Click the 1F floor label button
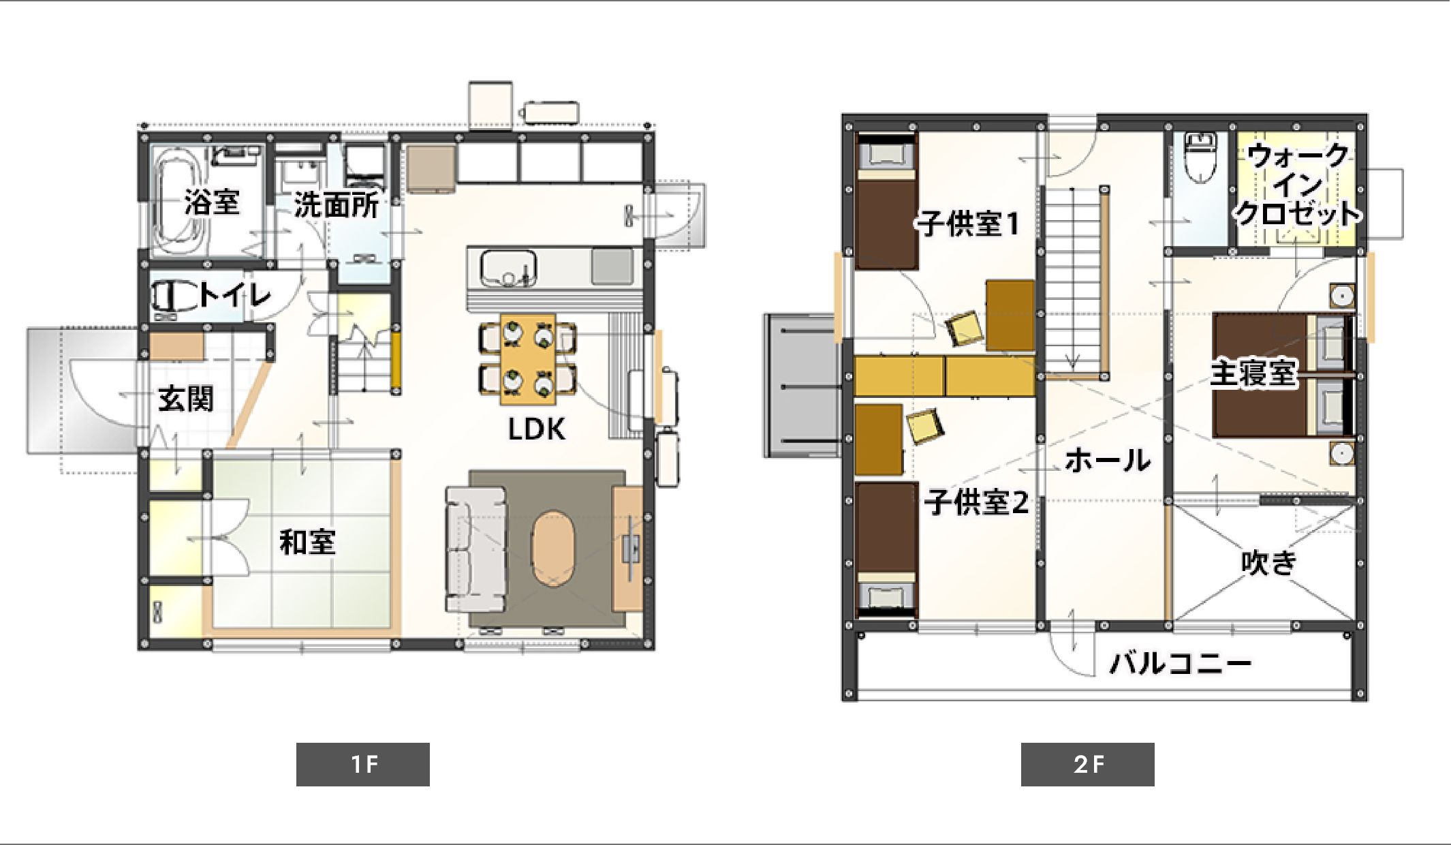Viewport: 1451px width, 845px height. (x=363, y=764)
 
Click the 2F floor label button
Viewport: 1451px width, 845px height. (x=1087, y=764)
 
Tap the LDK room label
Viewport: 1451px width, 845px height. (x=537, y=429)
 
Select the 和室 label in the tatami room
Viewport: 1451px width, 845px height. (x=308, y=542)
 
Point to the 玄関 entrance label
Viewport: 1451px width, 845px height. (x=186, y=399)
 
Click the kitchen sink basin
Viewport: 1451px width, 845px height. (x=508, y=268)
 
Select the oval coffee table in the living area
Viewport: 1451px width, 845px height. (x=554, y=549)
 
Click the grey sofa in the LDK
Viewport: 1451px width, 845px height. (x=476, y=549)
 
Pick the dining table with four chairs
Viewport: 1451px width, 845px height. (x=528, y=359)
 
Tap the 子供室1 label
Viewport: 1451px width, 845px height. (x=968, y=224)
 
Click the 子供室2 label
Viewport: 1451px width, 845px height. (x=976, y=502)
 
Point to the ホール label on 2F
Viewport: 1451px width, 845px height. (x=1108, y=461)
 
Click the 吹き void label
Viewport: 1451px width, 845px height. (x=1268, y=563)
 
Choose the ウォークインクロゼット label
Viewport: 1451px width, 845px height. (x=1298, y=185)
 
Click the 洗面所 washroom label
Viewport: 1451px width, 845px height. (x=337, y=204)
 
